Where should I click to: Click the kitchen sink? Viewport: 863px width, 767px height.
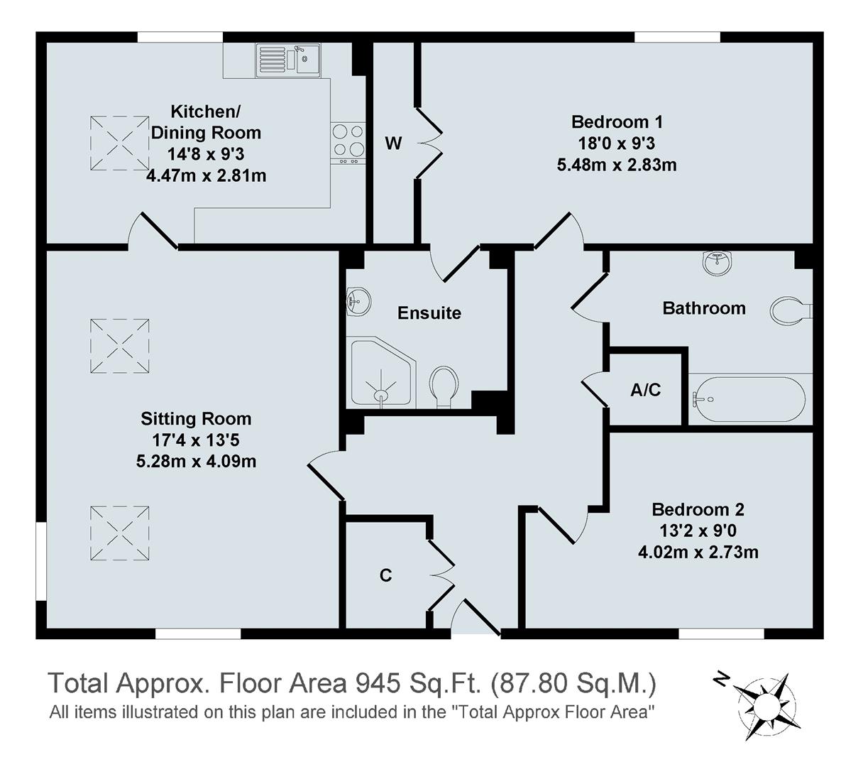point(288,59)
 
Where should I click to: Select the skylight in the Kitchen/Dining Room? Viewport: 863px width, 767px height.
point(119,143)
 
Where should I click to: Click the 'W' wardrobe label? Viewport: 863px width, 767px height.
point(393,143)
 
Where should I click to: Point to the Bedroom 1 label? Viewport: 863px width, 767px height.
point(617,121)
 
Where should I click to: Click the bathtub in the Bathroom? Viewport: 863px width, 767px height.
point(748,399)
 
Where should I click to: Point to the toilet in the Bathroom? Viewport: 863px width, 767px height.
point(790,310)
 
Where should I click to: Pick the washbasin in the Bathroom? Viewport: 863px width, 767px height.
point(719,263)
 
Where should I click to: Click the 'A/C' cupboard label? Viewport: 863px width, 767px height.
point(645,389)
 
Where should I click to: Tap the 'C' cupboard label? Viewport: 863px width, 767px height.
point(385,575)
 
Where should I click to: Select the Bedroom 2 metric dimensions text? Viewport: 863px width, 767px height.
point(698,552)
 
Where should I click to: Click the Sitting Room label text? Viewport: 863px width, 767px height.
point(196,418)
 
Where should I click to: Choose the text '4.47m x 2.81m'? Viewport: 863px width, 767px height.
point(206,175)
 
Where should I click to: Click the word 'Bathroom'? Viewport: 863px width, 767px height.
point(703,308)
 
